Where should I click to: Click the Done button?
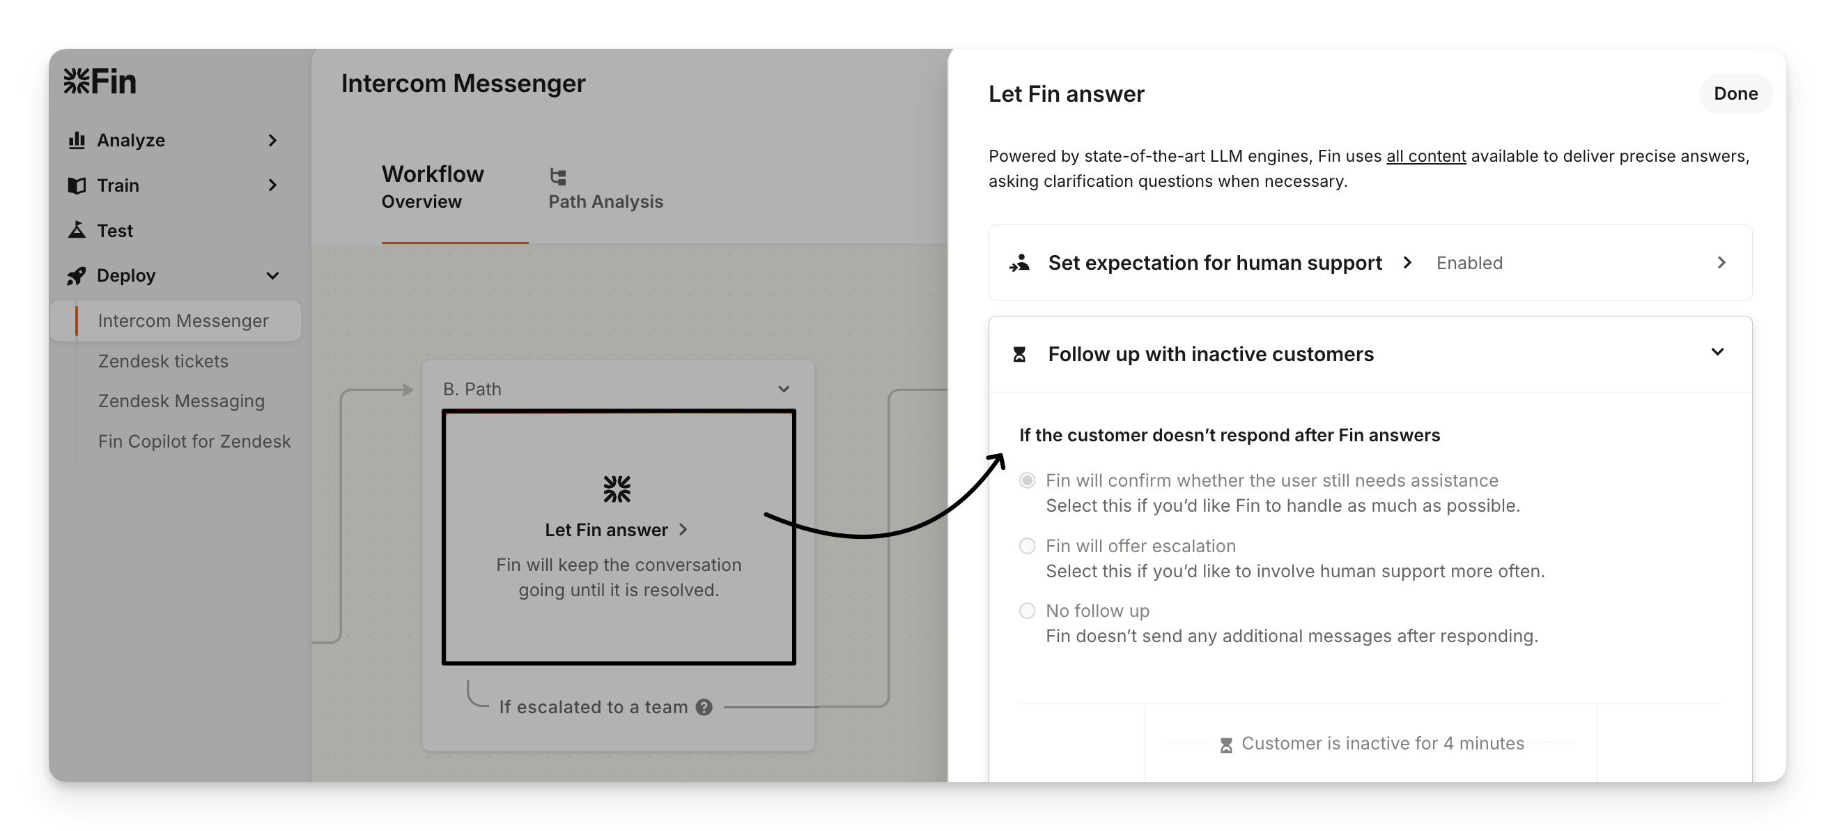pos(1735,93)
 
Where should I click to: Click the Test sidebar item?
pos(114,230)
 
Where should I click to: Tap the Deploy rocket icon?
pos(76,276)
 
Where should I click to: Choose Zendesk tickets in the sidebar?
pos(163,361)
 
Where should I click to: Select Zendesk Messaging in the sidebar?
pos(181,402)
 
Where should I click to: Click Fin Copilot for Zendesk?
pos(194,442)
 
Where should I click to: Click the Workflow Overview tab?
pos(433,187)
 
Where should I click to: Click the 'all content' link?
pos(1425,156)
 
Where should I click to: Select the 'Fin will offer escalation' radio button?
pos(1027,546)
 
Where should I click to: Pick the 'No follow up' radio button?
pos(1027,611)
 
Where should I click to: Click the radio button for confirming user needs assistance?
pos(1027,480)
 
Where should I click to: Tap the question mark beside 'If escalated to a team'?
pos(704,707)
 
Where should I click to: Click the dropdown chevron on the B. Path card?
pos(784,389)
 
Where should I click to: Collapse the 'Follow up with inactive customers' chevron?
pos(1717,352)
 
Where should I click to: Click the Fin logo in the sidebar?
pos(100,82)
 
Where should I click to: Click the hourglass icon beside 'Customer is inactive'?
pos(1226,745)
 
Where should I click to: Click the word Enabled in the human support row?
pos(1469,263)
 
